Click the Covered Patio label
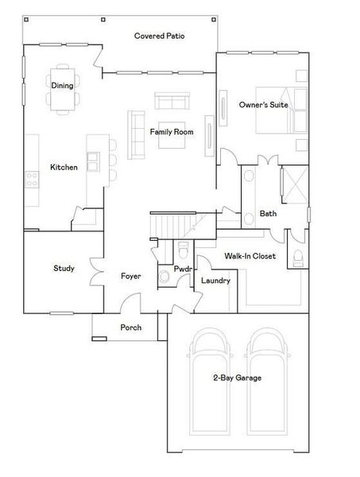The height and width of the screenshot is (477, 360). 161,36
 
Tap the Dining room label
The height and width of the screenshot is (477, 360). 63,85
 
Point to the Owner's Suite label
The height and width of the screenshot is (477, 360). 263,104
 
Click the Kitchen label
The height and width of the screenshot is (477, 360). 64,167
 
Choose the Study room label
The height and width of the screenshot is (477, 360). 64,269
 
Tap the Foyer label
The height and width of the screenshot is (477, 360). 131,277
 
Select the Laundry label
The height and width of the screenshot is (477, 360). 215,281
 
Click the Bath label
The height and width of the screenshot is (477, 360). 268,213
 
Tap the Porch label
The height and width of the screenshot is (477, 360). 131,328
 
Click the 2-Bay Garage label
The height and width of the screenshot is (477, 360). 236,378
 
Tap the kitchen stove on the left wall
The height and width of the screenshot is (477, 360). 33,180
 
